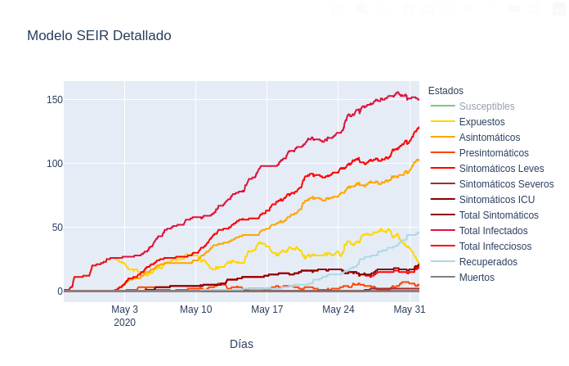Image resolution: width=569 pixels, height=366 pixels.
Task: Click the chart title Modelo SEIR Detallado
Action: [99, 36]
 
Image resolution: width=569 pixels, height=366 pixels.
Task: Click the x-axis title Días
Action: [241, 344]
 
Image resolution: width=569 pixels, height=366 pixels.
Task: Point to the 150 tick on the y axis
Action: [55, 100]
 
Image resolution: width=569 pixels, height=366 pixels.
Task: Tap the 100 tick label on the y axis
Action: [55, 164]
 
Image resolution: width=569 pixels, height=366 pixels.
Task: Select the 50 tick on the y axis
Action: [57, 228]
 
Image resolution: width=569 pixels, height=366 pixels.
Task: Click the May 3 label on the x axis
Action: [124, 310]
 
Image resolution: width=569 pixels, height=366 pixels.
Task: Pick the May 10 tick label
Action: [195, 310]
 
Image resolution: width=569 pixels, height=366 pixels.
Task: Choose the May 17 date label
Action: [267, 310]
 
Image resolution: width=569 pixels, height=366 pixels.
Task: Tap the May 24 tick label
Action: [338, 310]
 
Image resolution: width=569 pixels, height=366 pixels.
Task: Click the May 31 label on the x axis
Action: [409, 310]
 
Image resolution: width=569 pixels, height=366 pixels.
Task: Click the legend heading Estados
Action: [446, 91]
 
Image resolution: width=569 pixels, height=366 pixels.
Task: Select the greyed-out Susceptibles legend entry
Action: [486, 106]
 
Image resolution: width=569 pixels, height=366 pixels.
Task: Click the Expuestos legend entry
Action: [482, 122]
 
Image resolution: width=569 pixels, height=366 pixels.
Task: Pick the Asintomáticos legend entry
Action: [489, 138]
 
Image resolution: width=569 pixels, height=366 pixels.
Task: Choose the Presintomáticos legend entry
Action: [493, 153]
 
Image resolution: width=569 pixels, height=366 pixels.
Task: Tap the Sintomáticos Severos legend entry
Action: [506, 184]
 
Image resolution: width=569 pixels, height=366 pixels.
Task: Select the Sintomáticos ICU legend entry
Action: [496, 200]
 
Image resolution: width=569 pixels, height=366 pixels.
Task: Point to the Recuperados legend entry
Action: [488, 262]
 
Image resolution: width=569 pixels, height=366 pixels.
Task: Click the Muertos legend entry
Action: [477, 278]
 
